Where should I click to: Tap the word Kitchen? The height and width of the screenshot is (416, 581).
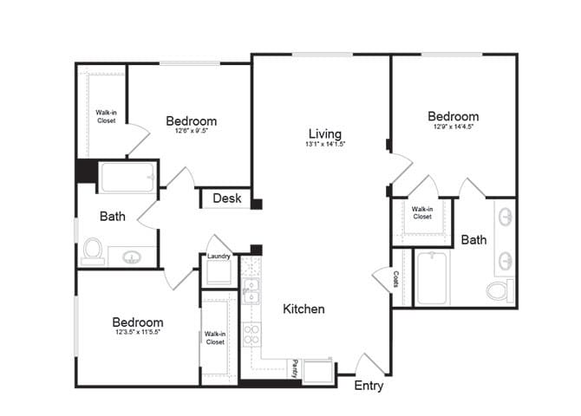point(304,309)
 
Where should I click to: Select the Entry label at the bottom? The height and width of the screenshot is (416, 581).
point(369,386)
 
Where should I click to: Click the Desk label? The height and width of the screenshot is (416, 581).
point(226,198)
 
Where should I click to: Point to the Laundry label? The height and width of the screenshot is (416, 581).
point(219,257)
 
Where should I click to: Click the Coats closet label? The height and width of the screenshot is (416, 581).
point(395,278)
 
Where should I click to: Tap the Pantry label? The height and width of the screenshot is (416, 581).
point(295,367)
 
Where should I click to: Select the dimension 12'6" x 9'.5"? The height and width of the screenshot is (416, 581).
point(191,132)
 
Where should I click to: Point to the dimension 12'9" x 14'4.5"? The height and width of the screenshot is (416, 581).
point(453,127)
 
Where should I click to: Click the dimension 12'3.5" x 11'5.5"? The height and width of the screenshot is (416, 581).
point(138,332)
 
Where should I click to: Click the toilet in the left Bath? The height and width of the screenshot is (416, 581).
point(94,251)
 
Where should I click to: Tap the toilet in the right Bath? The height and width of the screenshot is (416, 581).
point(499,289)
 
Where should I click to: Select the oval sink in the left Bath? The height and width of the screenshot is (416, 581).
point(133,257)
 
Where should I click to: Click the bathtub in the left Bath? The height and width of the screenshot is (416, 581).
point(127,177)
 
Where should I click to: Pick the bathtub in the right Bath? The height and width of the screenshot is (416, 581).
point(433,277)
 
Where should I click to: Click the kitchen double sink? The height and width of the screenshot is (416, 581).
point(251,290)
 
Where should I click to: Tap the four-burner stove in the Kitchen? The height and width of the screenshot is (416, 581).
point(251,334)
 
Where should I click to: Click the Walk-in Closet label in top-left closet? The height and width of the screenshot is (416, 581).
point(107,115)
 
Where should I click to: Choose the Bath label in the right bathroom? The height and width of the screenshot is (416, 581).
point(473,239)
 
